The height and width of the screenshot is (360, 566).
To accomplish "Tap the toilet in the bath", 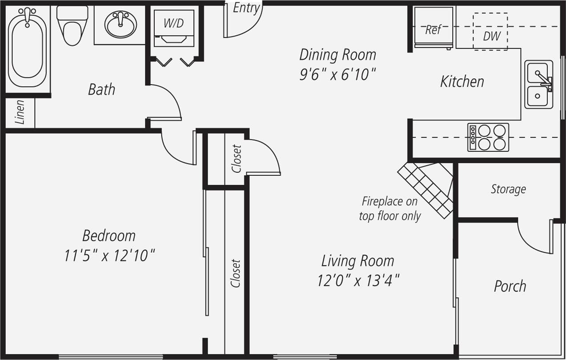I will click(72, 27).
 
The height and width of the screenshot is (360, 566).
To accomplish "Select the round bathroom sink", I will click(120, 25).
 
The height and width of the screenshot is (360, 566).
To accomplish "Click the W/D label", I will click(173, 23).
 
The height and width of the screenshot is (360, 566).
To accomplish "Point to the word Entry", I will click(246, 8).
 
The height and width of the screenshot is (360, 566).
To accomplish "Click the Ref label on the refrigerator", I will click(433, 30).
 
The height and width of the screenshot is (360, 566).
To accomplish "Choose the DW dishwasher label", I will click(492, 36).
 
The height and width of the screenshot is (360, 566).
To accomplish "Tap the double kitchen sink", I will click(538, 85).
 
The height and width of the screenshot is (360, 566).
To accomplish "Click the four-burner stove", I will click(488, 137).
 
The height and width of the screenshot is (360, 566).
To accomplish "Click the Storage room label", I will click(508, 189).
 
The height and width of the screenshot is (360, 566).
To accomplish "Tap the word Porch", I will click(510, 286).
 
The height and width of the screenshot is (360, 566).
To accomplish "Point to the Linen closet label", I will click(20, 112).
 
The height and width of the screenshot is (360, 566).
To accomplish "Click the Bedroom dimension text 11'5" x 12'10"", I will click(109, 256).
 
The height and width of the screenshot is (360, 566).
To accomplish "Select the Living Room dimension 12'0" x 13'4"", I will click(358, 281).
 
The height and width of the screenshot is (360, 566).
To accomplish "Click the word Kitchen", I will click(462, 81).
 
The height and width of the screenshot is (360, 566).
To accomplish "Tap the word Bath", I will click(101, 89).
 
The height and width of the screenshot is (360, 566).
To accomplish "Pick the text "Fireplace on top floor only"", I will click(389, 209).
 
